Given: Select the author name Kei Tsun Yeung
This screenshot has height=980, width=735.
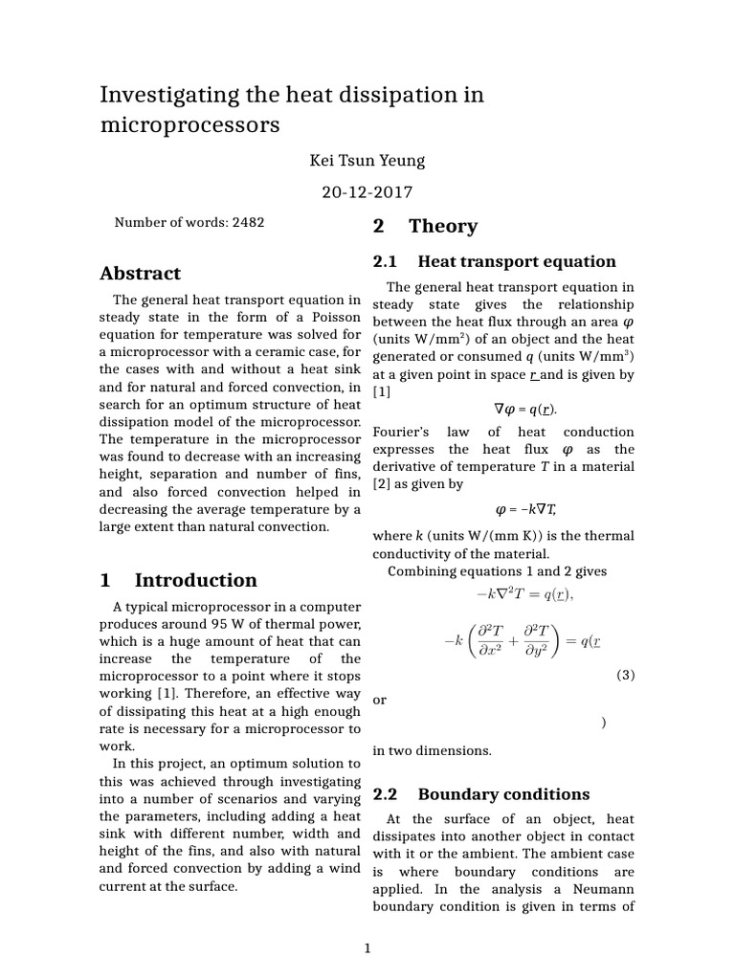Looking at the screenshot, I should pyautogui.click(x=367, y=160).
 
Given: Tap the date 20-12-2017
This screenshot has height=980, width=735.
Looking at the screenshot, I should pyautogui.click(x=367, y=191).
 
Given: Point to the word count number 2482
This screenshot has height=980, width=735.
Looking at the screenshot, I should pyautogui.click(x=248, y=222).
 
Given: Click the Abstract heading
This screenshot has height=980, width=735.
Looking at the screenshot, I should pyautogui.click(x=140, y=274).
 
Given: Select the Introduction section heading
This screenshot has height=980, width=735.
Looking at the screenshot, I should pyautogui.click(x=195, y=580).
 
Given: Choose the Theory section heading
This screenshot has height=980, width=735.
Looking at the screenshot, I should pyautogui.click(x=442, y=227).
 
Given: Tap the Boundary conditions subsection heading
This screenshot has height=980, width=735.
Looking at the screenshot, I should pyautogui.click(x=503, y=794).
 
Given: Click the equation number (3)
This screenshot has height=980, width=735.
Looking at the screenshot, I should pyautogui.click(x=624, y=675).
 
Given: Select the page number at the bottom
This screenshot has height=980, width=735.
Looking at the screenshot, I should pyautogui.click(x=367, y=948).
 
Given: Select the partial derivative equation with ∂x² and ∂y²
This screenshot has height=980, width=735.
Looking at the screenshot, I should pyautogui.click(x=517, y=641).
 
